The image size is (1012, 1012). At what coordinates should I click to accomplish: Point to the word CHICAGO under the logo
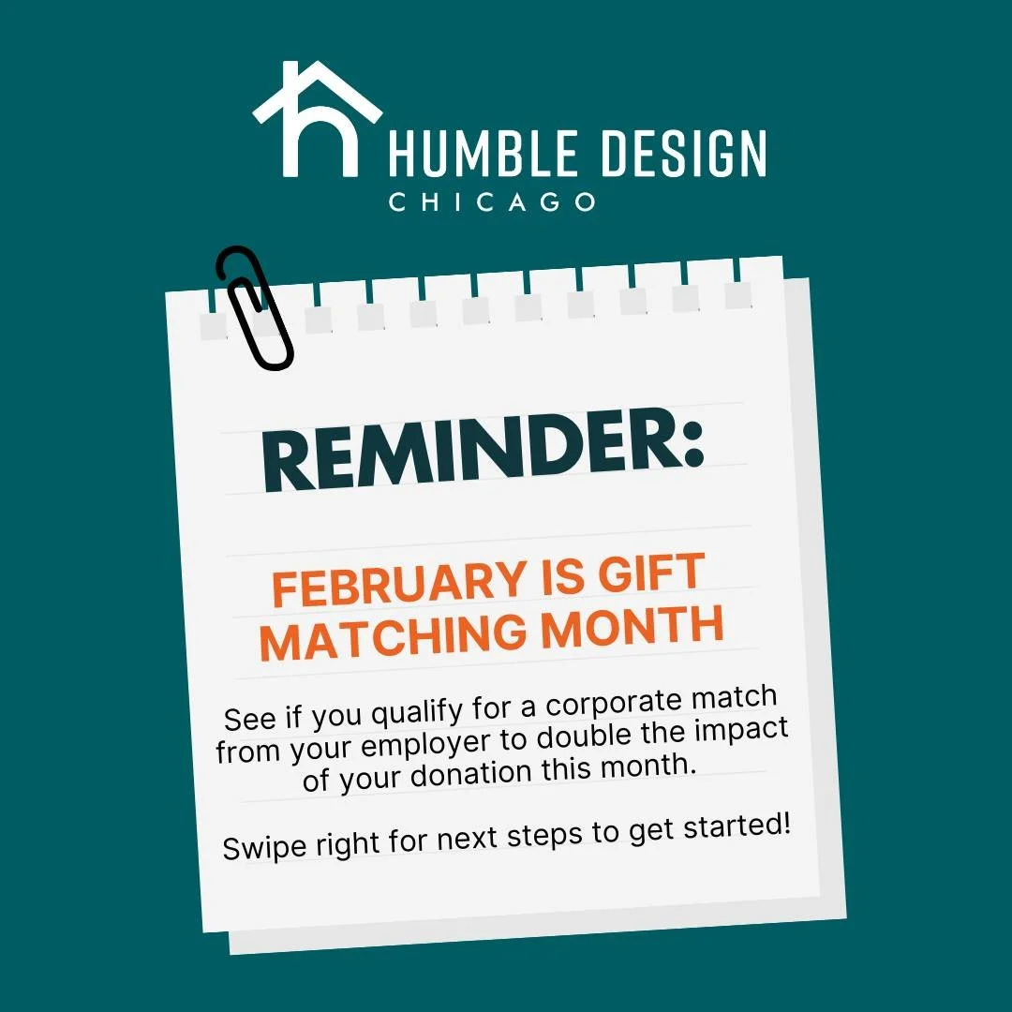[x=492, y=201]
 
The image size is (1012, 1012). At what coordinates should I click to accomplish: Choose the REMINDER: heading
[x=484, y=455]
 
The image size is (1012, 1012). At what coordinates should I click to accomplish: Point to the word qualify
[x=418, y=715]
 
